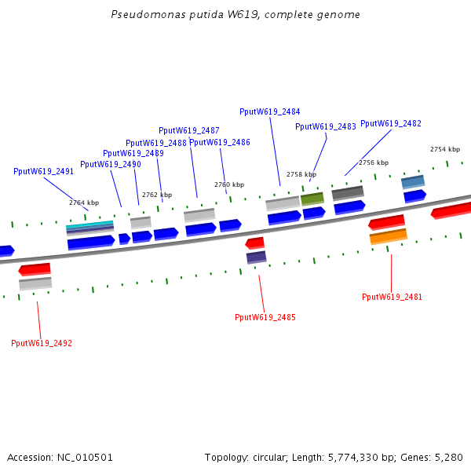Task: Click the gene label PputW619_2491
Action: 43,171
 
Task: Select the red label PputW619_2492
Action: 42,344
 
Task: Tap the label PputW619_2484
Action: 269,112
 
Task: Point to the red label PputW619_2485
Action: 265,318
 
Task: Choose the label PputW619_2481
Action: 392,298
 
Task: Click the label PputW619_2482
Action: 391,124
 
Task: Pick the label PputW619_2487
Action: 188,131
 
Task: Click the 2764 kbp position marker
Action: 84,203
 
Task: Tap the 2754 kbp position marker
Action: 445,150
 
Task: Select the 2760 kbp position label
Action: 229,185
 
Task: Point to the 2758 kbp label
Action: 301,175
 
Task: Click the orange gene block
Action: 389,235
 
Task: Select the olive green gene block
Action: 312,199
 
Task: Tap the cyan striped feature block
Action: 89,228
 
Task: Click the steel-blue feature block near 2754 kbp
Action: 413,182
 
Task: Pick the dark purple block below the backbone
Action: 256,257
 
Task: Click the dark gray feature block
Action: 348,192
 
